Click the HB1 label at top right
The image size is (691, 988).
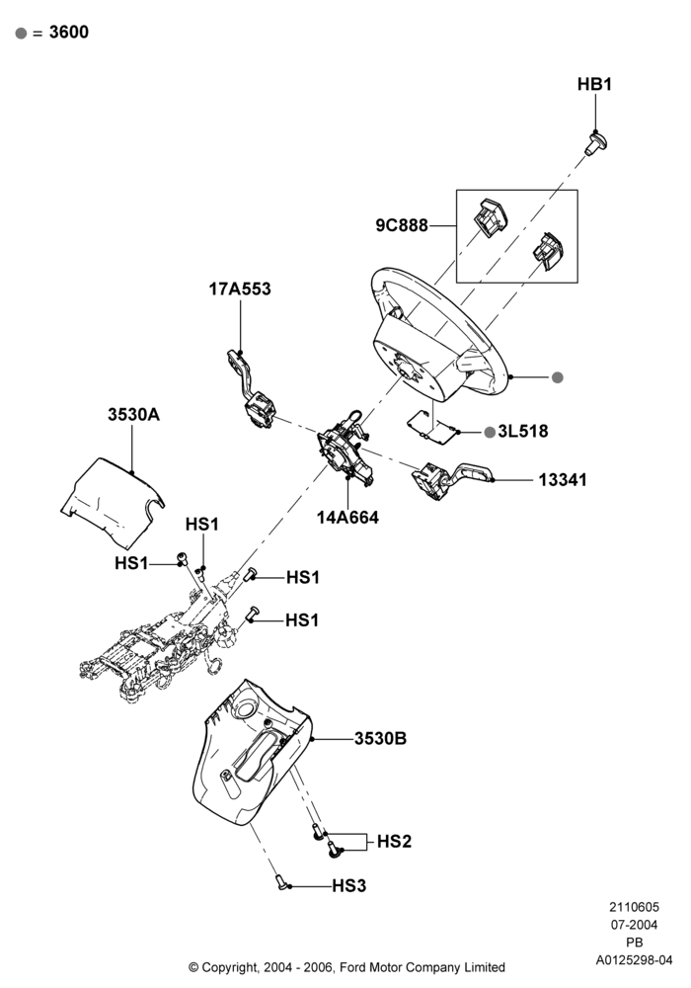pos(594,84)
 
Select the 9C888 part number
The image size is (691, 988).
pos(402,225)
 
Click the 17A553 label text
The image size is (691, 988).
pos(240,288)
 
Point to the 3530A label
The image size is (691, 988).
pos(133,414)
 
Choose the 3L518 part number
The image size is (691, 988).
pos(523,431)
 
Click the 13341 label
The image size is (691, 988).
pos(563,479)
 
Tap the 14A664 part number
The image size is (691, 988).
pos(347,518)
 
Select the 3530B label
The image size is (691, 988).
pos(380,738)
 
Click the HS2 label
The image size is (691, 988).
pos(394,841)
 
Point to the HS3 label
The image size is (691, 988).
pos(348,885)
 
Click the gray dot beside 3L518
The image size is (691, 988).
pos(490,432)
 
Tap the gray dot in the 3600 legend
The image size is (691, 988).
pos(22,33)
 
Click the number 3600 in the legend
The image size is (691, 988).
pos(68,33)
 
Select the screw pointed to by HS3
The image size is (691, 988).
pos(281,882)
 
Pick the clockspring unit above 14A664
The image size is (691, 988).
pos(345,448)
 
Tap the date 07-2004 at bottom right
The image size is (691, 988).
pos(635,925)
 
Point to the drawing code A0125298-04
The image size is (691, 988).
pos(635,960)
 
